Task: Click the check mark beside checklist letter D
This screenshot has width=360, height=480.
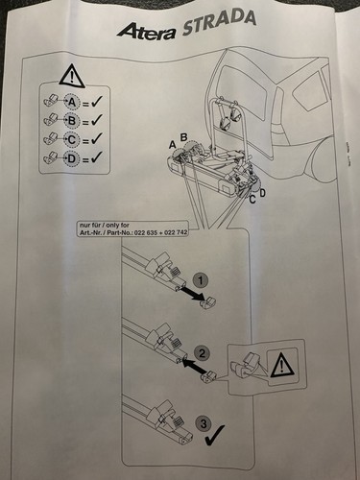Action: point(96,156)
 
